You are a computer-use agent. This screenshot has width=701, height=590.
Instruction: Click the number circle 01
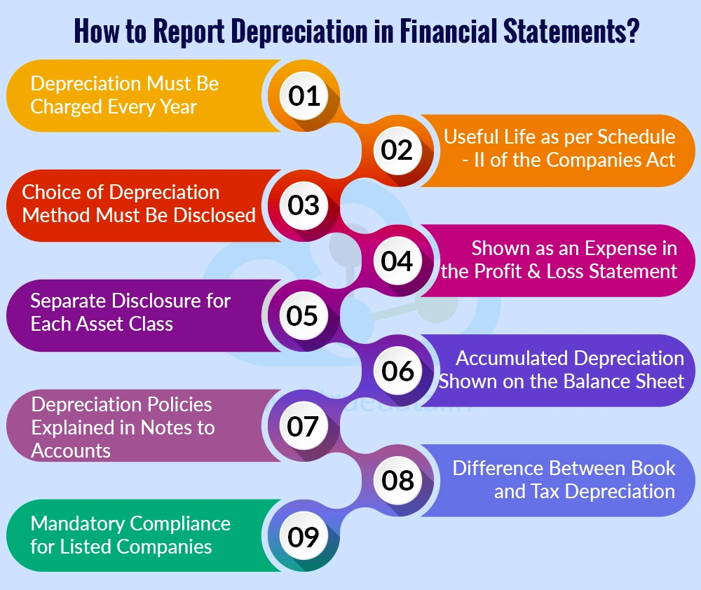(304, 95)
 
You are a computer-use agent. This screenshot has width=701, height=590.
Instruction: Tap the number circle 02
(397, 150)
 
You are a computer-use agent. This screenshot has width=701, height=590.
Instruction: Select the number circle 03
(304, 205)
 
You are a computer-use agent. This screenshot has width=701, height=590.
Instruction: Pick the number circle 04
(397, 261)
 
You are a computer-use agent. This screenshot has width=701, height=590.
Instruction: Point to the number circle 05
(304, 315)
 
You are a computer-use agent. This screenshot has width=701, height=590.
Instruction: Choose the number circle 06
(397, 371)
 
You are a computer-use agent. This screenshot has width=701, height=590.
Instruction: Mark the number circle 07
(304, 426)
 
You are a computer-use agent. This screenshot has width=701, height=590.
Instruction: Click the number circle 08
(397, 481)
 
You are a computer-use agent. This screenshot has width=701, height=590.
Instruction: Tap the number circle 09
(304, 537)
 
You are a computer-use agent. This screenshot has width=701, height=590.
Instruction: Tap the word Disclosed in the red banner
(212, 214)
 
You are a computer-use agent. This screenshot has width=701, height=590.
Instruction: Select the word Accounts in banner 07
(71, 451)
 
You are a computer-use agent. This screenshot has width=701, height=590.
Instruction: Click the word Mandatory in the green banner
(79, 523)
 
